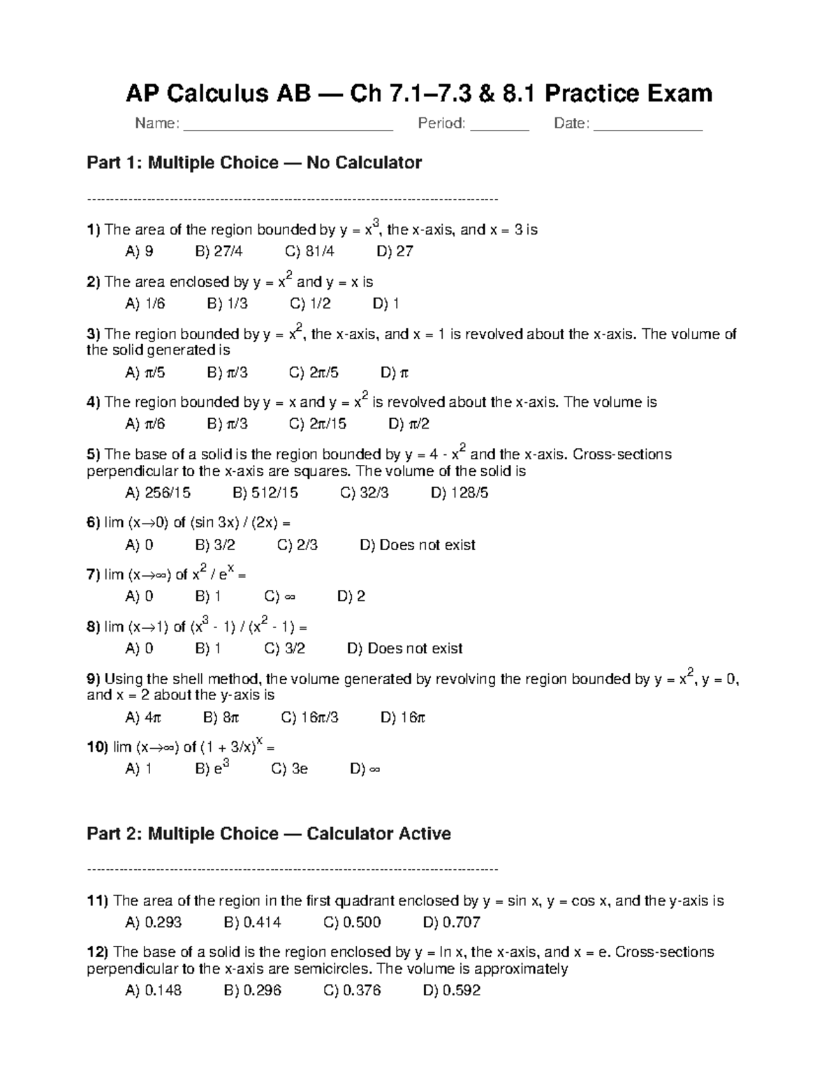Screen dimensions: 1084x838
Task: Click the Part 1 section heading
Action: click(x=253, y=163)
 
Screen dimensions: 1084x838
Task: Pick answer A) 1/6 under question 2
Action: click(x=145, y=304)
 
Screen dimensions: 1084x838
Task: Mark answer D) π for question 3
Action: click(x=395, y=373)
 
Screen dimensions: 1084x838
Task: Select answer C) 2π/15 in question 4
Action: click(x=317, y=424)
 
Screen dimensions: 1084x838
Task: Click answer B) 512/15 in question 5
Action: click(x=265, y=493)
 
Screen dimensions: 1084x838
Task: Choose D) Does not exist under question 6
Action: click(x=417, y=544)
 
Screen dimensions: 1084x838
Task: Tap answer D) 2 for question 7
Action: click(x=351, y=596)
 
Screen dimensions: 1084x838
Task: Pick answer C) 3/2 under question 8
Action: click(x=284, y=648)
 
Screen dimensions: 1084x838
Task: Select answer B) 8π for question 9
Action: click(x=221, y=717)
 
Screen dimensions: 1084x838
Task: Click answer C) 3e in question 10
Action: click(x=289, y=769)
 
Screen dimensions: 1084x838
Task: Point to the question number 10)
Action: click(x=97, y=747)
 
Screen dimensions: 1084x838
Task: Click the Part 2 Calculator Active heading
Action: click(x=268, y=833)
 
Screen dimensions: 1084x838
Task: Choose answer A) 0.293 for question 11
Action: click(x=153, y=922)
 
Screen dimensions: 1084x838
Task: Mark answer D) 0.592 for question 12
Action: click(x=451, y=990)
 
